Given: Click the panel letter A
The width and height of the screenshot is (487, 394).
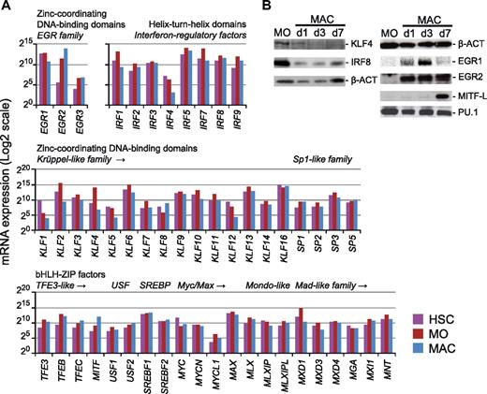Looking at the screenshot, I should [7, 7].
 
